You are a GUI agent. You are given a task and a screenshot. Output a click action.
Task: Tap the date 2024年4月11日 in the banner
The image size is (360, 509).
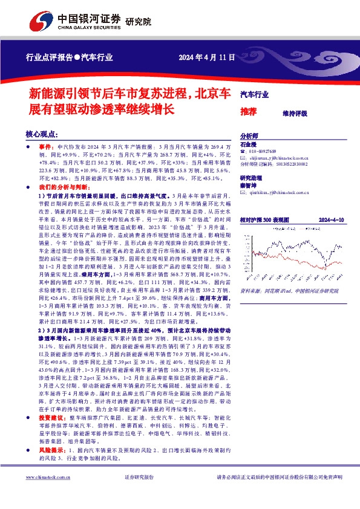[x=207, y=57]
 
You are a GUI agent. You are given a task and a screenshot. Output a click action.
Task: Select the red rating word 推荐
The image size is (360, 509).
[x=248, y=112]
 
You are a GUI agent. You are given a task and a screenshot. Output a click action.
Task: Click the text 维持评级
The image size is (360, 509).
[x=295, y=113]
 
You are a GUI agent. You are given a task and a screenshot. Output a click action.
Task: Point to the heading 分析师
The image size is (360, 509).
[x=249, y=136]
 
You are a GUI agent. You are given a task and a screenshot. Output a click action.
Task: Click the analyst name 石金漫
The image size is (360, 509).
[x=249, y=144]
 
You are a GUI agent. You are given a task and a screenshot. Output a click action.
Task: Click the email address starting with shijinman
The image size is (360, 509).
[x=284, y=157]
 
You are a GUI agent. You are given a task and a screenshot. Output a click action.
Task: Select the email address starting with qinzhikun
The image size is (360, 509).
[x=285, y=192]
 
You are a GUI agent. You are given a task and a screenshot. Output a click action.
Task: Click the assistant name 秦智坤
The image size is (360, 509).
[x=249, y=185]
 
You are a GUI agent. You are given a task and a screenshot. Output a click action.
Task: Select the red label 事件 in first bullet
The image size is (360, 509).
[x=46, y=147]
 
